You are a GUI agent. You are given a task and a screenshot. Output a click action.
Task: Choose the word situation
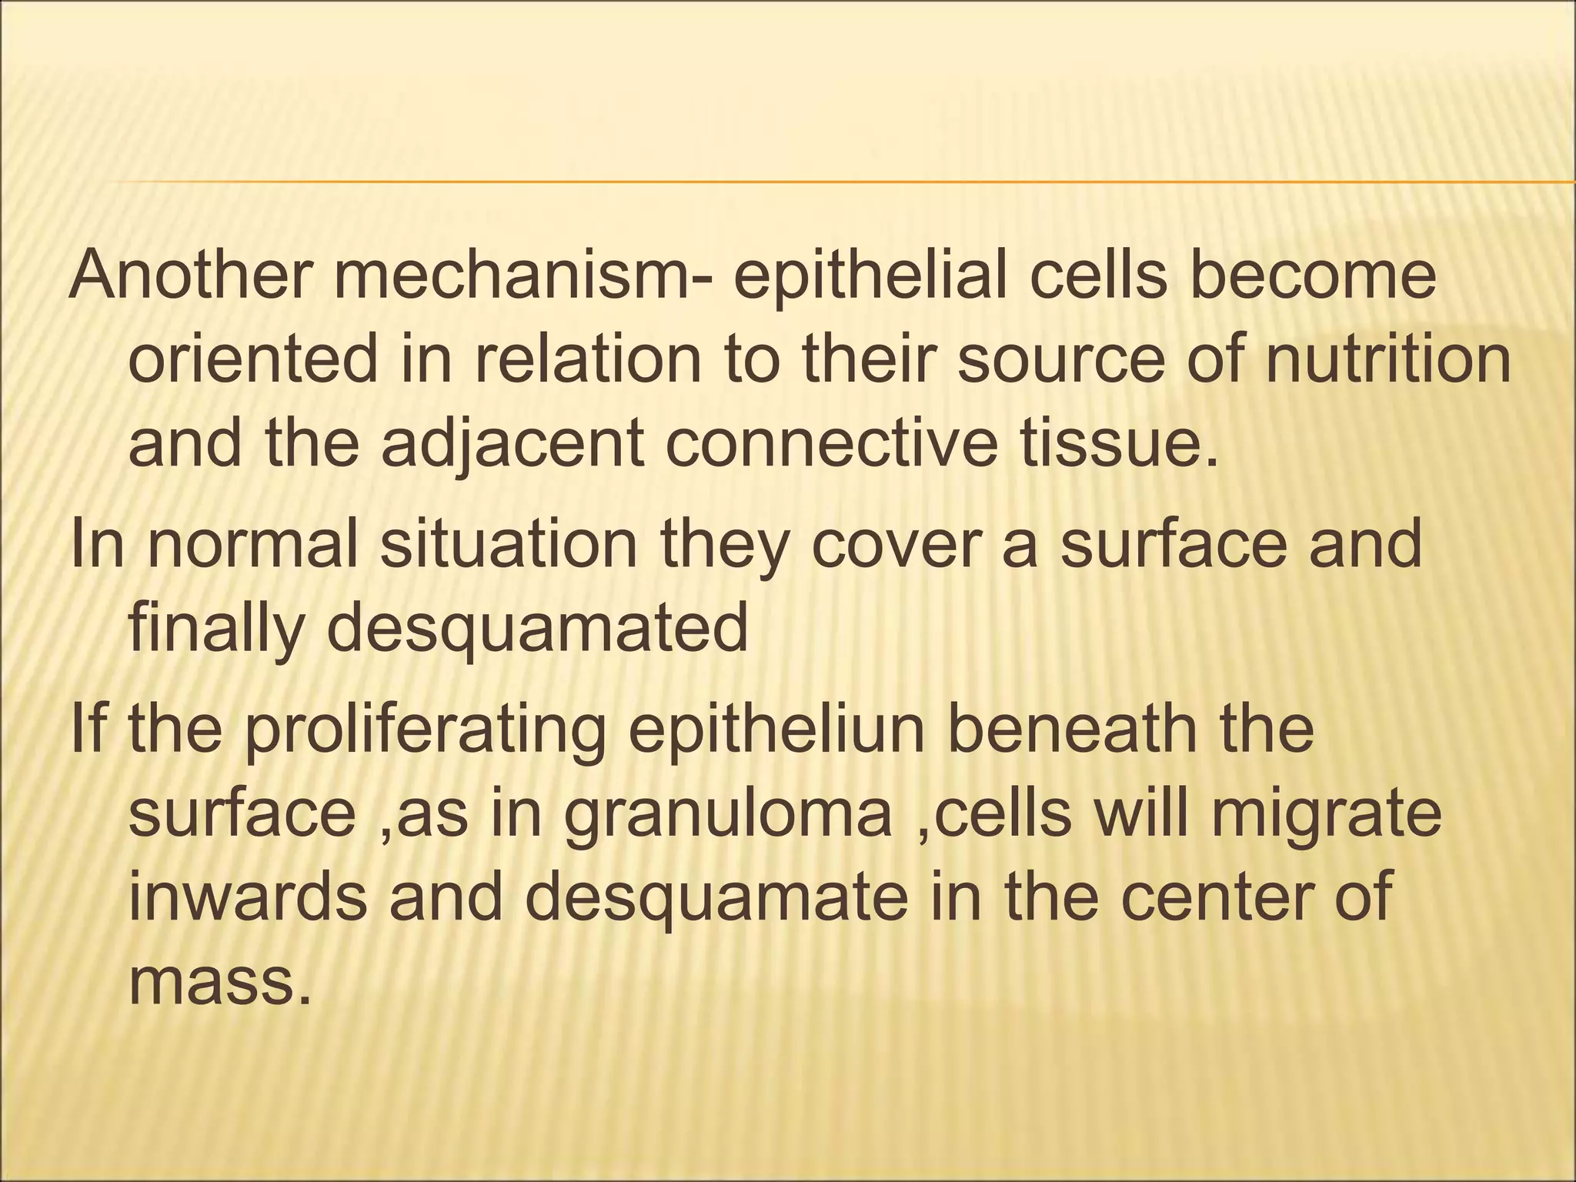[x=509, y=545]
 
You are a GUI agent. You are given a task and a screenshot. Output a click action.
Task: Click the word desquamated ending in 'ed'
[x=538, y=629]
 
